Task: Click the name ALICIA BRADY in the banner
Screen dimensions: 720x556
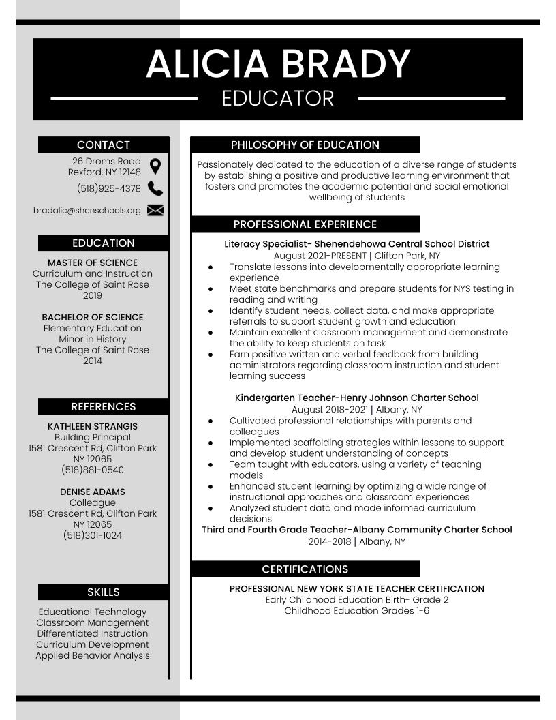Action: pos(278,63)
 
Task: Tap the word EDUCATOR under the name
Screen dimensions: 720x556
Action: pos(278,98)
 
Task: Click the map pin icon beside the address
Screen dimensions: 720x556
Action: pos(155,166)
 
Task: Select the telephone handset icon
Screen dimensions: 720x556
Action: pos(155,189)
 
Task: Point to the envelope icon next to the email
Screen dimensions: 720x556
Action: pos(155,210)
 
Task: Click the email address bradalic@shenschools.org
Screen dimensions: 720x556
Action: pos(87,211)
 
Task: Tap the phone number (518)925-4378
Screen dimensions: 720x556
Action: pos(109,189)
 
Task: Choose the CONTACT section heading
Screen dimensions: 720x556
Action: pos(104,145)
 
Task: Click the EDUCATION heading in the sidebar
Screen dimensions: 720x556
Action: pos(104,243)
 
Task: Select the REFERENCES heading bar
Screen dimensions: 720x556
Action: pos(104,406)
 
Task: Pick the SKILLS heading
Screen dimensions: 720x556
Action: pos(104,592)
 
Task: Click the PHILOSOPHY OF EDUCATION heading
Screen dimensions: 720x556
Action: pos(305,145)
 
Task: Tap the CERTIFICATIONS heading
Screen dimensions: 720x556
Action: pos(305,569)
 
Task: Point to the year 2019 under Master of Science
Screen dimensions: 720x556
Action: pos(93,295)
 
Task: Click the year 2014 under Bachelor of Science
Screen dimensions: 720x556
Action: pos(93,361)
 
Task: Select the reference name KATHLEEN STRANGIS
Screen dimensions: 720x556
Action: pos(93,426)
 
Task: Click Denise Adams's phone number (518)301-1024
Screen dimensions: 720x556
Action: pos(93,535)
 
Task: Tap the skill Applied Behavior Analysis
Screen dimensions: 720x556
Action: pos(93,655)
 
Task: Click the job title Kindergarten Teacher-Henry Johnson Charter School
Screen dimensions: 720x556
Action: pos(356,397)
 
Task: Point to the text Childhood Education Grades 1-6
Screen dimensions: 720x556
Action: pos(356,610)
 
